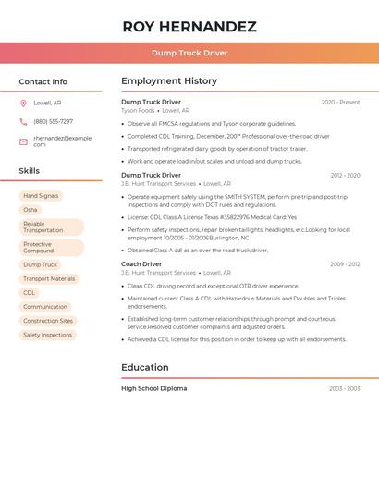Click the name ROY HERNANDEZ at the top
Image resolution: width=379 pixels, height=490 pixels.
point(189,27)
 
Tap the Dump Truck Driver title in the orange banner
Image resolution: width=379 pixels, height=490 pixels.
point(189,53)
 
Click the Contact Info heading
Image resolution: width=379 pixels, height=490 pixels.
point(43,81)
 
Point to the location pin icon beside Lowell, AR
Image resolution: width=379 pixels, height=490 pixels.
point(23,104)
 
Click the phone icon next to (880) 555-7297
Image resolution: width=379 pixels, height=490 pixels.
point(23,122)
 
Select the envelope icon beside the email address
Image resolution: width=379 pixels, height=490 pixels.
point(23,141)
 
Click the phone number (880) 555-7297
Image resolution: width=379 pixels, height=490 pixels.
point(54,122)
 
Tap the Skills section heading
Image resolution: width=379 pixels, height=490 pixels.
point(30,171)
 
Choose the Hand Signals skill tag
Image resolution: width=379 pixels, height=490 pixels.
point(41,196)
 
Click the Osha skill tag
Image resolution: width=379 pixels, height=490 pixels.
point(31,210)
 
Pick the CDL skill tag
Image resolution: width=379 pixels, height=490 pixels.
point(30,293)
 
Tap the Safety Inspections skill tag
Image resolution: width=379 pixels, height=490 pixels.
point(47,335)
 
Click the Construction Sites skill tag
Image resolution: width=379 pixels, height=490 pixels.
point(48,321)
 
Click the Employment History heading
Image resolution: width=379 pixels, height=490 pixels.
point(168,81)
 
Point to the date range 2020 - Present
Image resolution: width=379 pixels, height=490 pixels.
point(340,102)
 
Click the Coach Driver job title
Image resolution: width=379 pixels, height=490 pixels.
point(141,264)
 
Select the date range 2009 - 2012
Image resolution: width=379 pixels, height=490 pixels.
point(345,264)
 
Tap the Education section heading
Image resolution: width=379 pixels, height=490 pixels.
point(145,367)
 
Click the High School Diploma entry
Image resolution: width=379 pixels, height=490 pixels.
point(153,388)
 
